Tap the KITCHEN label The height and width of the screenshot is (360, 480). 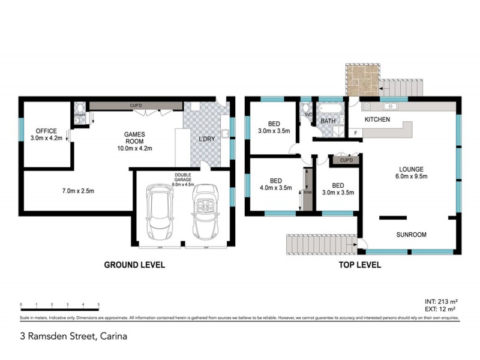pyautogui.click(x=377, y=120)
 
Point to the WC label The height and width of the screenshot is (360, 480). pyautogui.click(x=308, y=115)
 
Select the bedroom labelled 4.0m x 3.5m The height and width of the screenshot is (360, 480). pyautogui.click(x=276, y=184)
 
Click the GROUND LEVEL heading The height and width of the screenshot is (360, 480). pyautogui.click(x=134, y=265)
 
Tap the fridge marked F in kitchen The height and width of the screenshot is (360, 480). pyautogui.click(x=356, y=132)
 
